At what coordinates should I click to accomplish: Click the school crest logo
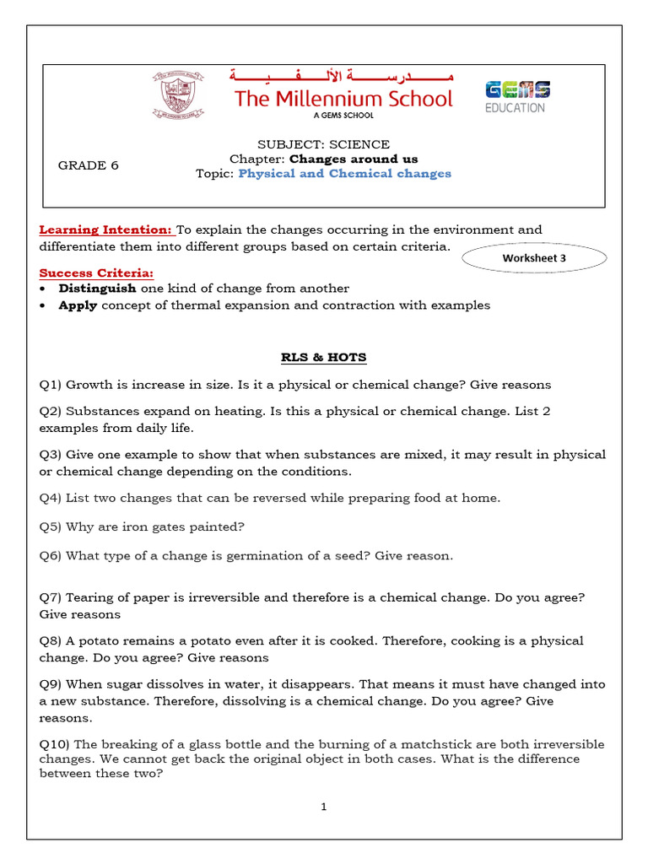(178, 95)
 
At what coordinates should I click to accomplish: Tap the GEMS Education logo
(516, 96)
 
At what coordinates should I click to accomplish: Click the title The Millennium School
(343, 99)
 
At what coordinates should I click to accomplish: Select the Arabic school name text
(343, 77)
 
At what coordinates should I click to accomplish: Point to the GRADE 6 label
(88, 165)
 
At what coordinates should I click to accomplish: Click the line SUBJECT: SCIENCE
(323, 144)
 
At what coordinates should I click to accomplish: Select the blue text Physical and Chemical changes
(344, 174)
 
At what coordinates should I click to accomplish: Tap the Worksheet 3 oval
(534, 258)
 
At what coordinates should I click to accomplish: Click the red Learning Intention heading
(105, 229)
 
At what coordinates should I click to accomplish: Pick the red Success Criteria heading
(96, 273)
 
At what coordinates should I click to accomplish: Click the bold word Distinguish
(97, 289)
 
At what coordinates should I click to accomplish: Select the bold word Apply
(78, 305)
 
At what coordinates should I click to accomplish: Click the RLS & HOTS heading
(324, 357)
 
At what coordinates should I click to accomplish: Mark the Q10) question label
(55, 744)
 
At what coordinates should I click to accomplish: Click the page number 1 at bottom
(323, 807)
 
